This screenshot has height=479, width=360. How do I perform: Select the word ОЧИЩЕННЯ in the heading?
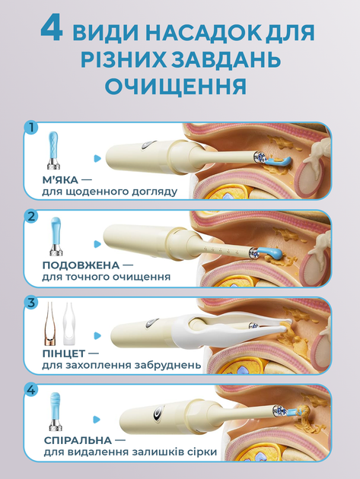tap(176, 85)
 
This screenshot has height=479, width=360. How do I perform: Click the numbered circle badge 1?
tap(31, 127)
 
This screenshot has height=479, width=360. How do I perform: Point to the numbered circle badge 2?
tap(31, 216)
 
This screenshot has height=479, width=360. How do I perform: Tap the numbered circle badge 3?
tap(31, 303)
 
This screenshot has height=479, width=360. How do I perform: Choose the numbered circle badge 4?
tap(31, 390)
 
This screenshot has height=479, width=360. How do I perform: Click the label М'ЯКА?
tap(60, 179)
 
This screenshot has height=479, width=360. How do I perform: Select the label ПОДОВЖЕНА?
tap(81, 265)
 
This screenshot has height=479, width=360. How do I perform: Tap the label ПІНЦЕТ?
tap(64, 353)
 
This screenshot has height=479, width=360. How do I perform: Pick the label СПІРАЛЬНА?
tap(78, 440)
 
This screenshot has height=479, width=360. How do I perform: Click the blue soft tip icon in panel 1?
tap(53, 151)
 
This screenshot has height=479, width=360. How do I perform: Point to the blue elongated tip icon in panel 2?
tap(56, 236)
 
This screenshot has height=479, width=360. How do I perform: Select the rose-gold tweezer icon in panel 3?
tap(50, 324)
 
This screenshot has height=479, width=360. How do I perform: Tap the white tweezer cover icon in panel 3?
tap(69, 324)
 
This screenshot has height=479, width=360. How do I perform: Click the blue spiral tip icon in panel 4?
tap(56, 411)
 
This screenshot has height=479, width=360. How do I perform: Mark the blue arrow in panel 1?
tap(97, 158)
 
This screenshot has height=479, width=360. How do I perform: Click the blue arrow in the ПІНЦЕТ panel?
tap(97, 335)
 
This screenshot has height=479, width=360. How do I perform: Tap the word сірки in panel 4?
tap(201, 452)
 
